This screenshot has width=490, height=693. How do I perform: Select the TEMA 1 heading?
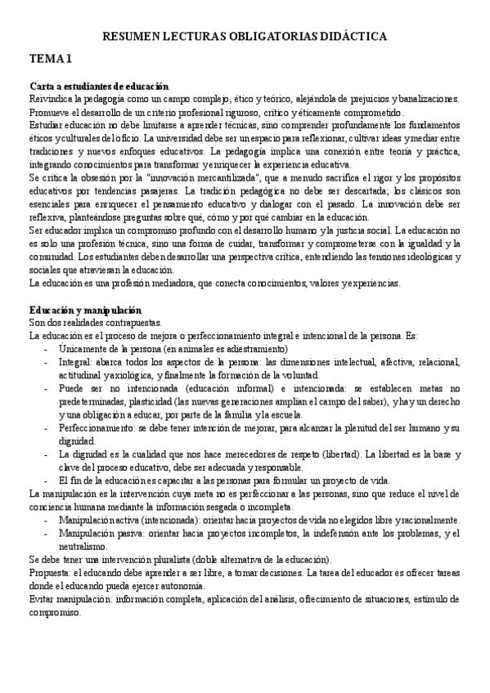(x=52, y=59)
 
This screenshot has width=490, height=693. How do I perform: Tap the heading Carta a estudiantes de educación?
(x=98, y=86)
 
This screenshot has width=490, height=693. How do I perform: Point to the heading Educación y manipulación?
(x=85, y=311)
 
